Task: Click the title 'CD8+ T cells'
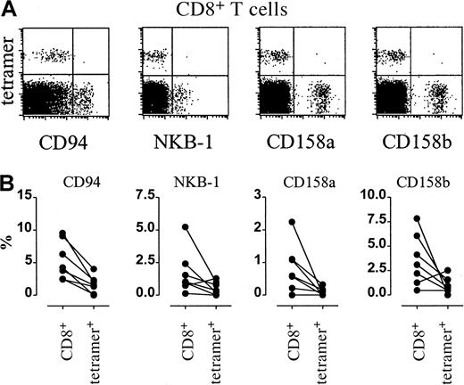point(234,10)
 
